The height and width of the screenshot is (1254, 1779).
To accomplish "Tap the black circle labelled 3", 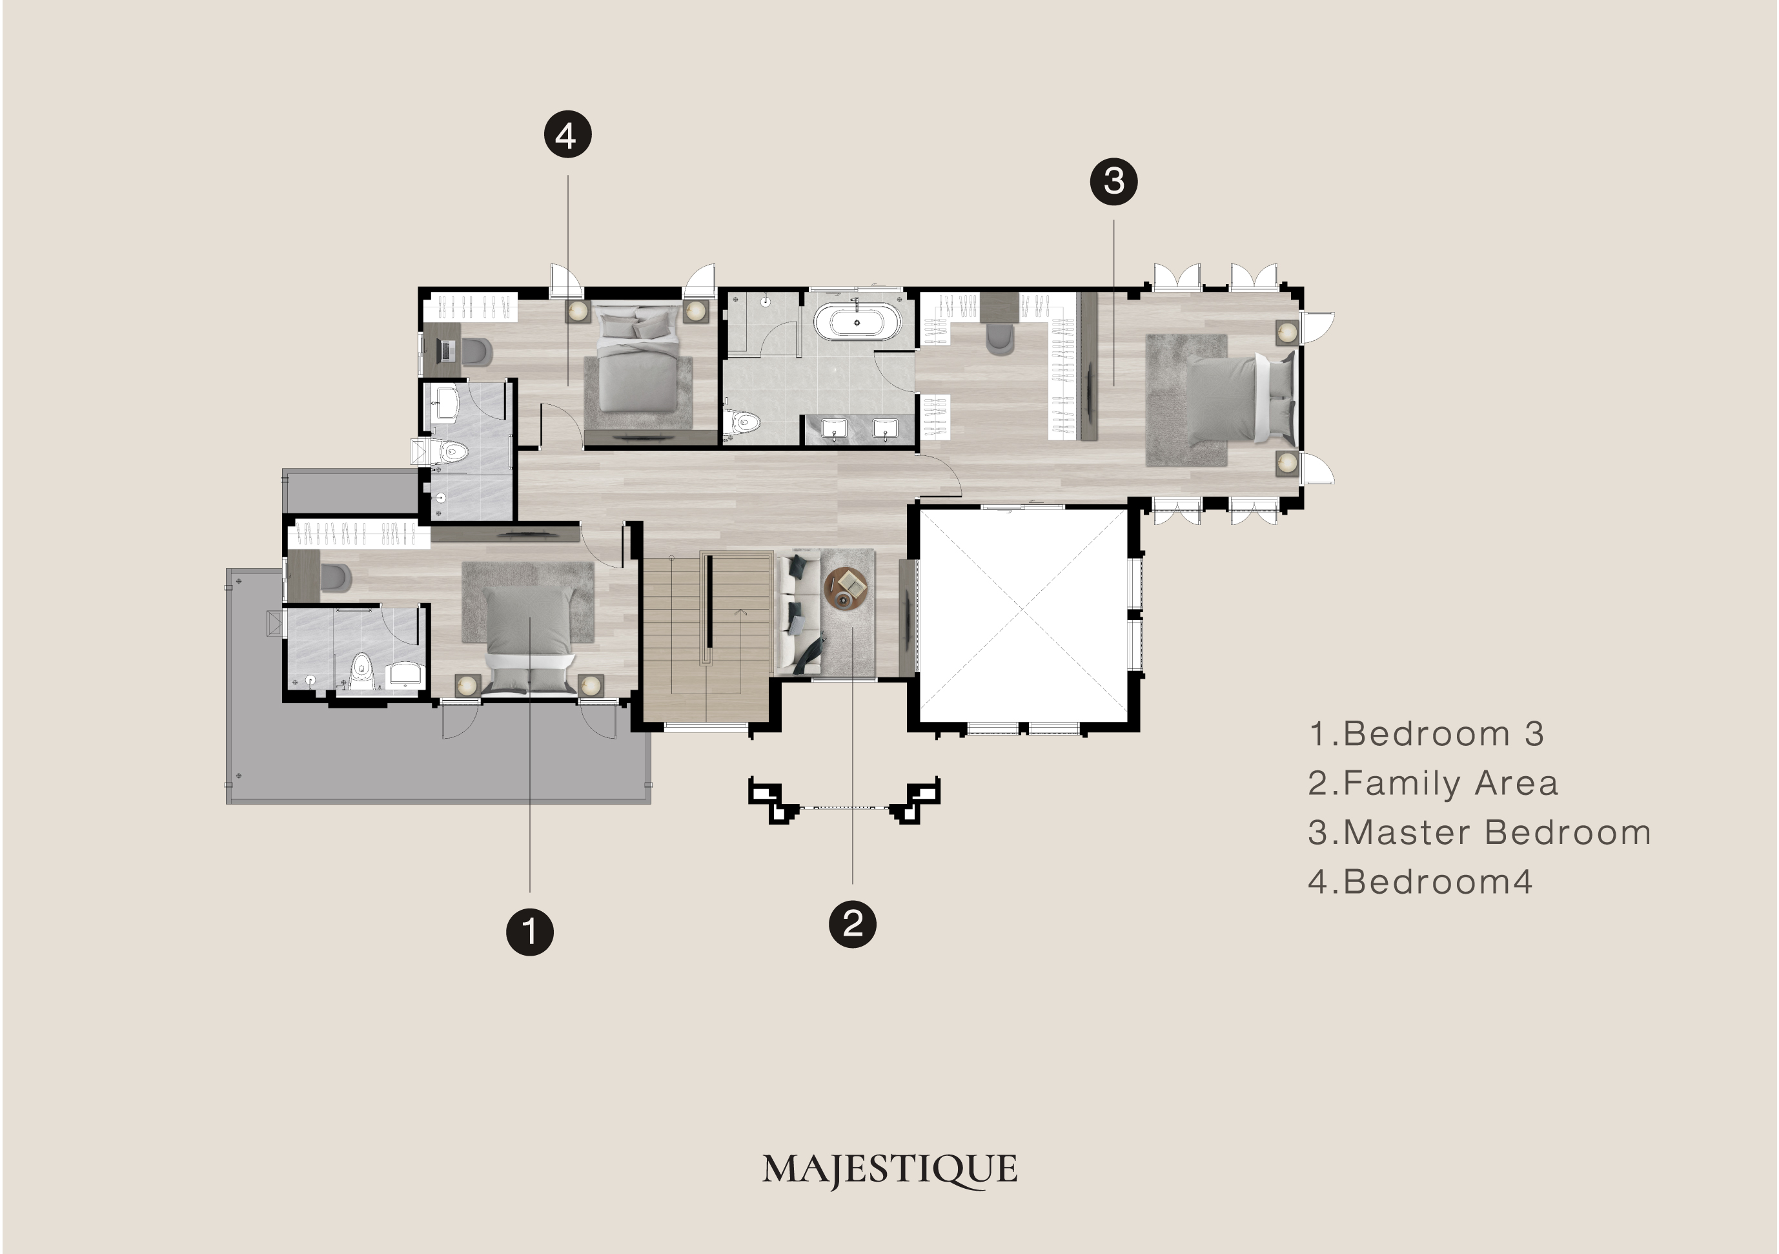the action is [1113, 181].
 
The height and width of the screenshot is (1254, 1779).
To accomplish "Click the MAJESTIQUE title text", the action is [889, 1169].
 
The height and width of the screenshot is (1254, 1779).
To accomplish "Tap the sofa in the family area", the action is [798, 611].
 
